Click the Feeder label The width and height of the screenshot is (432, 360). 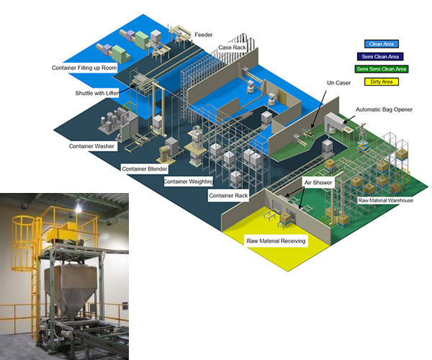point(204,34)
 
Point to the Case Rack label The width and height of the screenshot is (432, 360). point(232,48)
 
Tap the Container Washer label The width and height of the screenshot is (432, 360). point(91,147)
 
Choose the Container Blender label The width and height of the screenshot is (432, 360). point(145,168)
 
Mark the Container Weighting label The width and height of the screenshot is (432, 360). point(188,181)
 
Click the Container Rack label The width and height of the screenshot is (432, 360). point(227,195)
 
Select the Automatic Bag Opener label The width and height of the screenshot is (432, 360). point(384,110)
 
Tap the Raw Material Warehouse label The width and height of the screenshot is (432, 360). point(385,200)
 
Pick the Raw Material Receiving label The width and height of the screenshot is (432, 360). point(277,241)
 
